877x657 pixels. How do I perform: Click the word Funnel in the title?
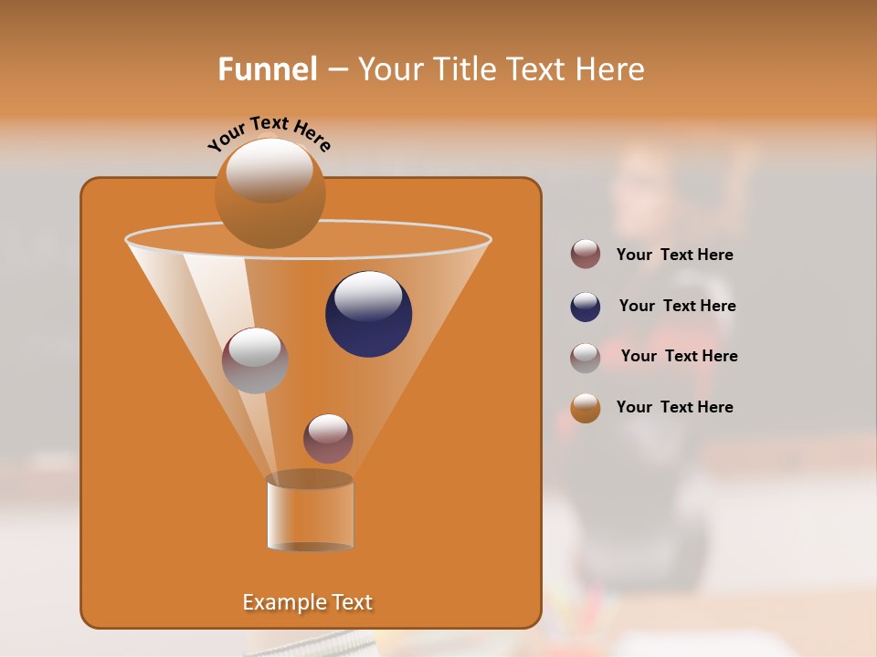point(267,69)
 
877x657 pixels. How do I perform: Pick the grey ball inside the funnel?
point(255,361)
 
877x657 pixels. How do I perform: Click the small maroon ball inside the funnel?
point(328,439)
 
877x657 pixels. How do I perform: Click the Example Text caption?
point(307,602)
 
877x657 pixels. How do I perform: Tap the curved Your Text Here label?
point(269,133)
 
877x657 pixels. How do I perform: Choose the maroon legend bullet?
point(586,255)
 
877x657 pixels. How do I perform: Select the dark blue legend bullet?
point(586,307)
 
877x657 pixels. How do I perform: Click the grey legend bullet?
point(586,358)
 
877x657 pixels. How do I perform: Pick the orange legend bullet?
point(586,408)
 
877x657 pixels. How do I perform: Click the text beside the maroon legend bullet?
point(674,255)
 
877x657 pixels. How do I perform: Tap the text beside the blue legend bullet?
point(677,307)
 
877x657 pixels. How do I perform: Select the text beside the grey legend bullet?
point(679,357)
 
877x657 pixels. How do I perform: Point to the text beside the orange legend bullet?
point(674,407)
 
